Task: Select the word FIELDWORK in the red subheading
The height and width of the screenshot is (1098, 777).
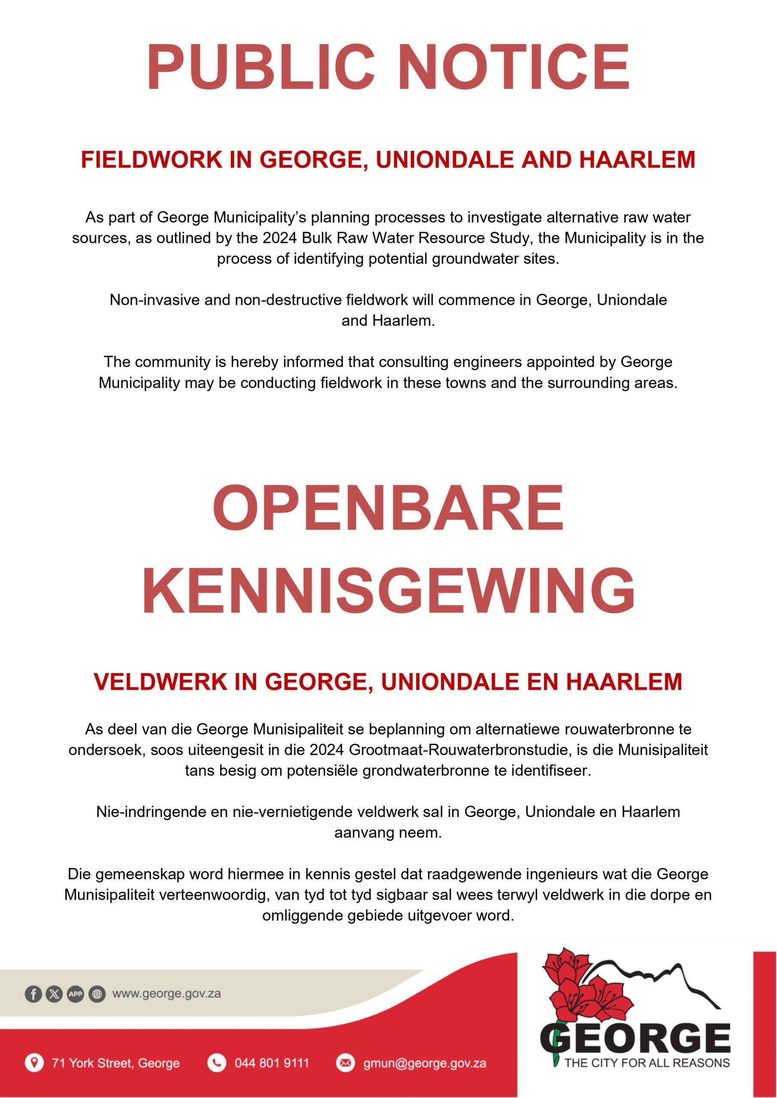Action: (151, 160)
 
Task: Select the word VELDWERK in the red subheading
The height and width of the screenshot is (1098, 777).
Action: (160, 682)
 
